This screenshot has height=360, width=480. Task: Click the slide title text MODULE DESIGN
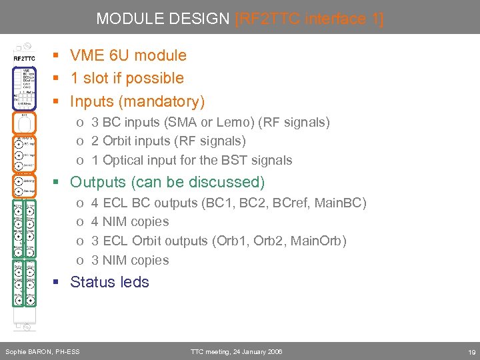point(163,19)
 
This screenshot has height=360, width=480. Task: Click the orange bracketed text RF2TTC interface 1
point(309,19)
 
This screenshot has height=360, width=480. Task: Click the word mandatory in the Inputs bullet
point(169,101)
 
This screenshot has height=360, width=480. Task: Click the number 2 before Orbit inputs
point(95,141)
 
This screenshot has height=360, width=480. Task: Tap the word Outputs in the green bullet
point(97,182)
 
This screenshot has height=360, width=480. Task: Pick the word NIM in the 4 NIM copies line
point(115,221)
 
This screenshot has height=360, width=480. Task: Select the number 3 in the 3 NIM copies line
point(95,260)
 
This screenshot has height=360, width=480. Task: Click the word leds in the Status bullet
point(134,282)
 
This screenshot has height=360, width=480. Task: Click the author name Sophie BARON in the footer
point(26,351)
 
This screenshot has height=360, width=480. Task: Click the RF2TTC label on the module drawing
point(24,59)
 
